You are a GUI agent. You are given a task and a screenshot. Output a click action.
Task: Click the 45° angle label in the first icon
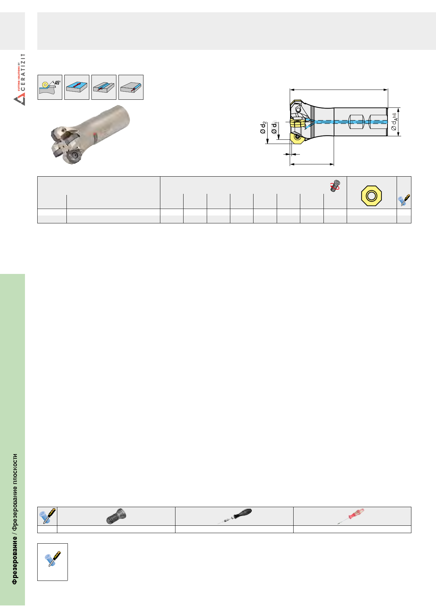57,83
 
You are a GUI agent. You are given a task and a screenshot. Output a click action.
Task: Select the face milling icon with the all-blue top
77,87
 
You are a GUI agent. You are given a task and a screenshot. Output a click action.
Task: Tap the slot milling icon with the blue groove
104,87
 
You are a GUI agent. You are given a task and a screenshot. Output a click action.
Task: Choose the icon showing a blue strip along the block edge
131,87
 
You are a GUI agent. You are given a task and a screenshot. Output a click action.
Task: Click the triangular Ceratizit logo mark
19,100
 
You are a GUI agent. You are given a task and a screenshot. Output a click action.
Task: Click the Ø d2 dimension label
263,127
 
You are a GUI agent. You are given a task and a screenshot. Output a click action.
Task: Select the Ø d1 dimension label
274,127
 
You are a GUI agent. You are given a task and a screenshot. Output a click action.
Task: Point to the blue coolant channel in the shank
346,122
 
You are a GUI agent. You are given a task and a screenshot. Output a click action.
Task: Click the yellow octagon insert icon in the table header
371,196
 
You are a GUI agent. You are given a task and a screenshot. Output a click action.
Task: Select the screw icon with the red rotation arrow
335,186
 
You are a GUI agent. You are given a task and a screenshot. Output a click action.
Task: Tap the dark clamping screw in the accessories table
116,517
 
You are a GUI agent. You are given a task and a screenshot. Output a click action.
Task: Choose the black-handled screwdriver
235,516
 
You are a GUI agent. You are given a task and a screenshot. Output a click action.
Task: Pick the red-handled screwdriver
351,516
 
